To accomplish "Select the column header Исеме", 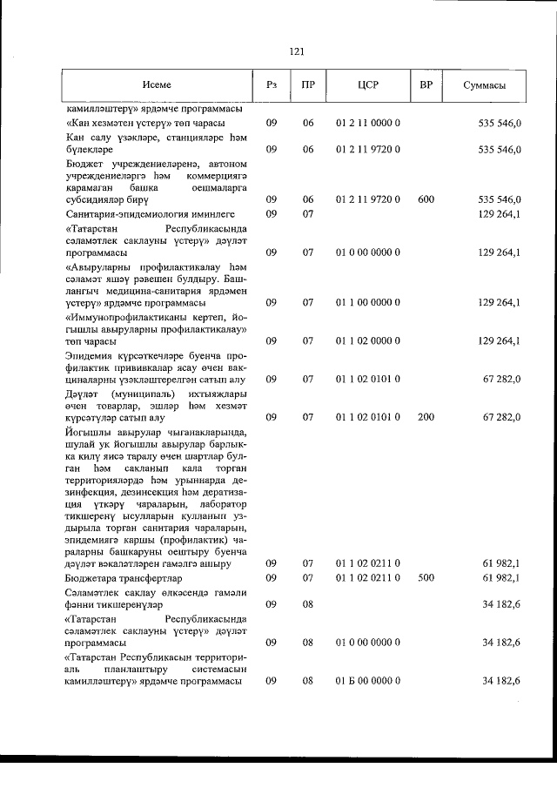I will coord(158,85).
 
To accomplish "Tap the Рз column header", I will coord(271,85).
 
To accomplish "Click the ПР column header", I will coord(307,85).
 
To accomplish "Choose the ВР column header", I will coord(426,85).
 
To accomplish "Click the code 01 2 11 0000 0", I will coord(367,124).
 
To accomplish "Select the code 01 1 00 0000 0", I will coord(367,303).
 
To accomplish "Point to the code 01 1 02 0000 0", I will coord(367,341).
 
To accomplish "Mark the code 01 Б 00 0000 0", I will coord(367,681).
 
